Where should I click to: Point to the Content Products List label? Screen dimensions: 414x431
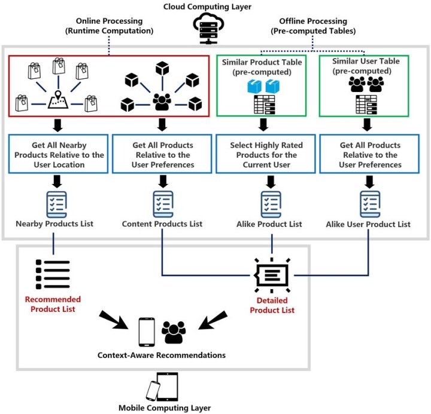pyautogui.click(x=162, y=224)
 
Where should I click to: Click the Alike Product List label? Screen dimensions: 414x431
pyautogui.click(x=265, y=224)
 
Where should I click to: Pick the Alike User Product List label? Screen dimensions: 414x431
pyautogui.click(x=368, y=224)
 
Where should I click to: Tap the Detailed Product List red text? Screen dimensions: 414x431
pyautogui.click(x=272, y=305)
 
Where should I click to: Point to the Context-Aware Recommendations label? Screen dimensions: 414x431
pyautogui.click(x=162, y=355)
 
